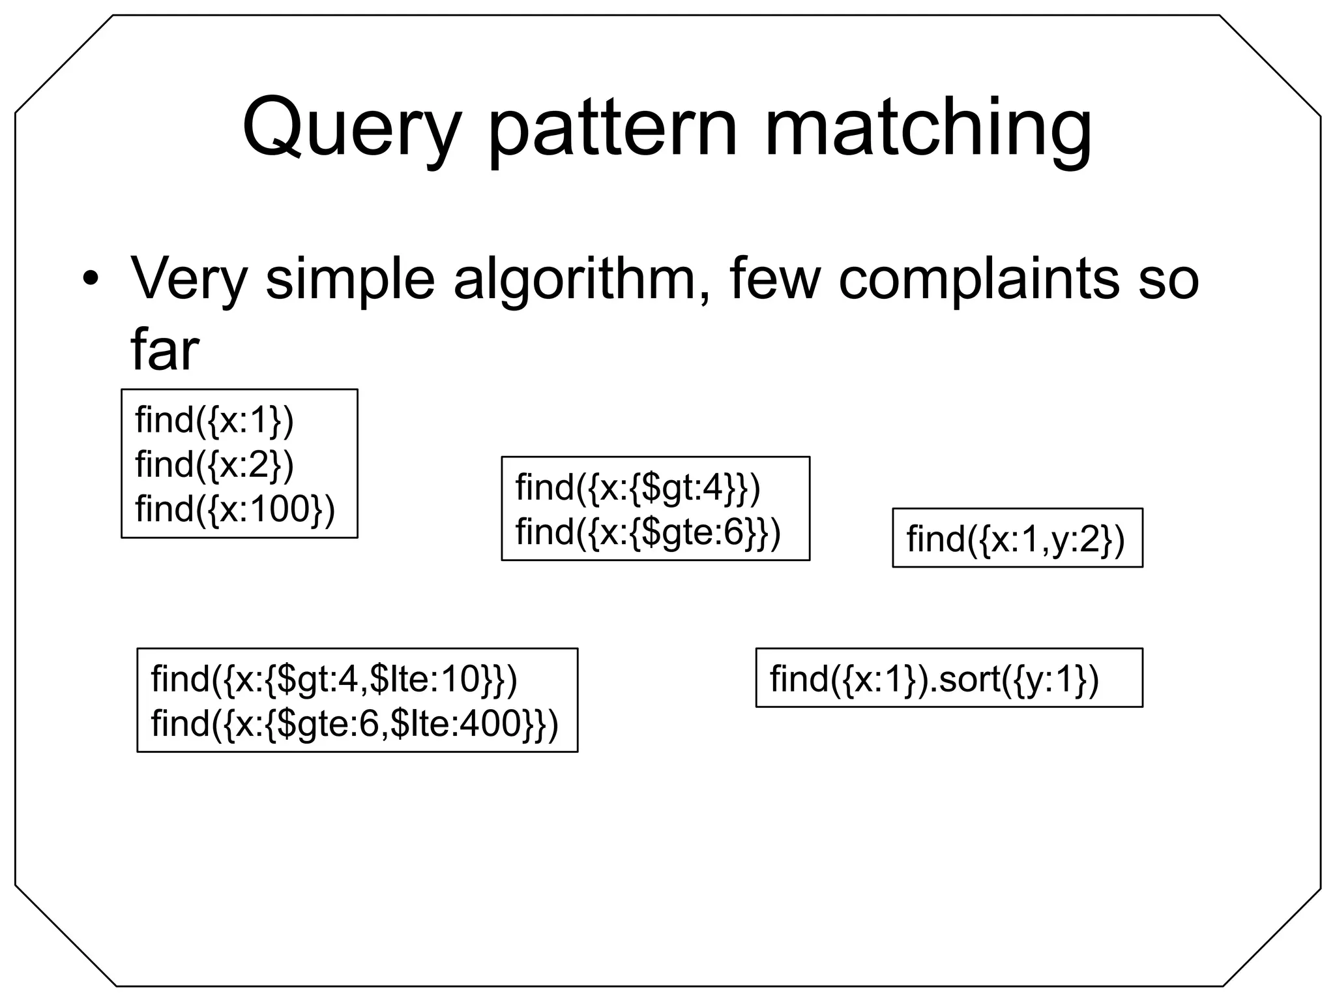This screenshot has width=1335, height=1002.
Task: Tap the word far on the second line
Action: click(x=164, y=350)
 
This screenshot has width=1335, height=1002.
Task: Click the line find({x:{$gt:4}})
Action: click(x=638, y=487)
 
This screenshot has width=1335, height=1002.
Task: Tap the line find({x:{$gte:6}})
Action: click(x=648, y=532)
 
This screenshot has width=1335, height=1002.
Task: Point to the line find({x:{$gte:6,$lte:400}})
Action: click(x=355, y=723)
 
